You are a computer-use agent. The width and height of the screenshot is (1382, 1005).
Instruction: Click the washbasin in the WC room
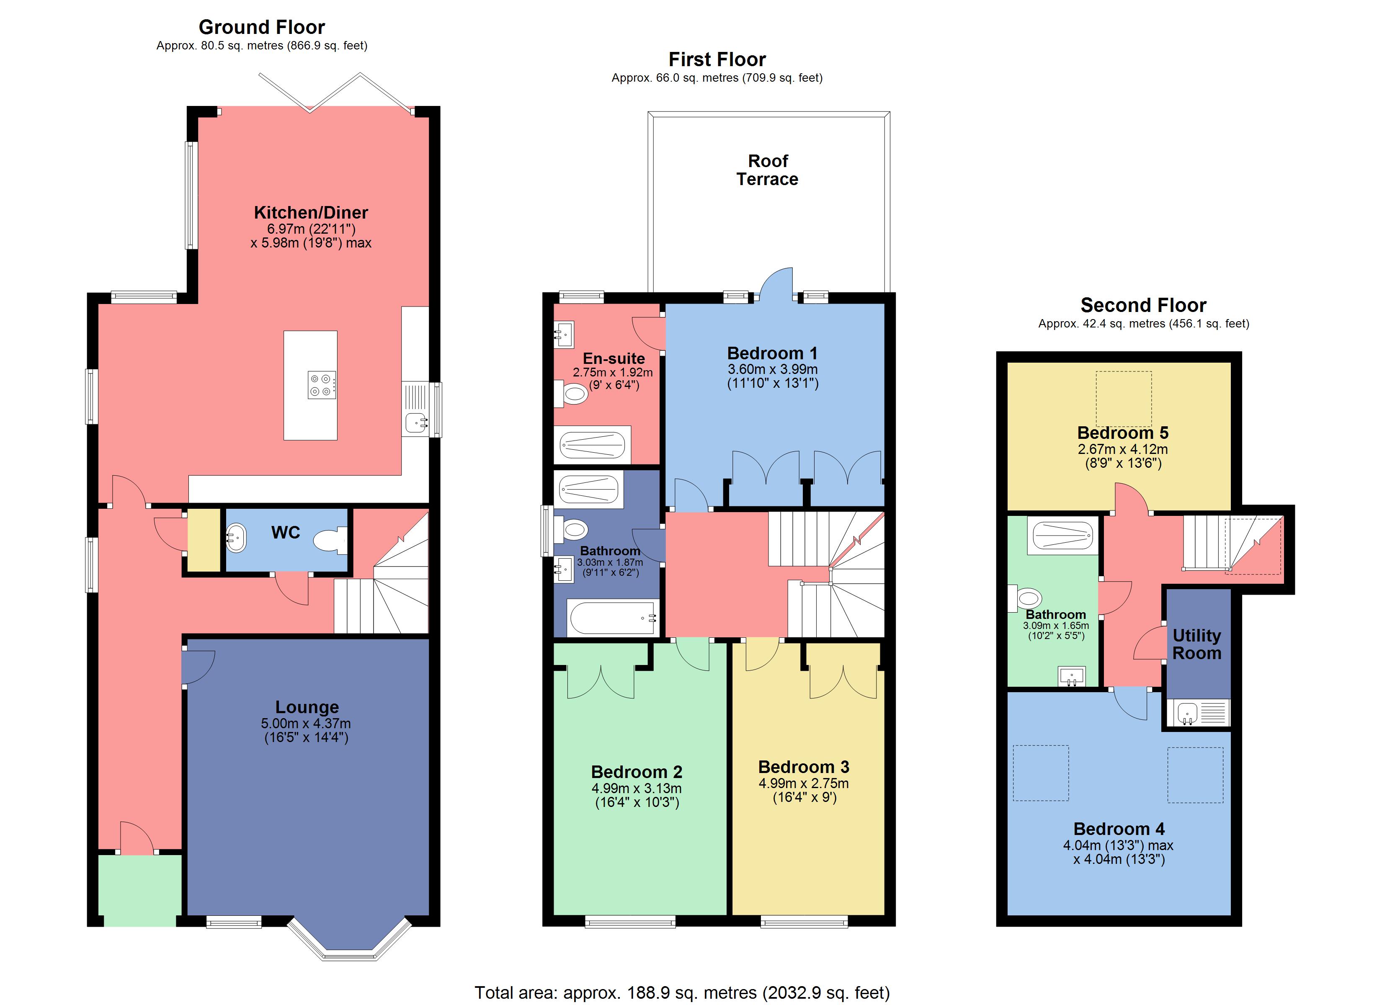click(x=237, y=538)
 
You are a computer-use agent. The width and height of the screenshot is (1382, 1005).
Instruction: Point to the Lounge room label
click(x=307, y=707)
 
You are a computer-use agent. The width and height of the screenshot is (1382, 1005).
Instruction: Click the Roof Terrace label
click(x=767, y=170)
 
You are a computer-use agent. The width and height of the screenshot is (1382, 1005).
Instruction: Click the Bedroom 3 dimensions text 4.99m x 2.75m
click(x=803, y=783)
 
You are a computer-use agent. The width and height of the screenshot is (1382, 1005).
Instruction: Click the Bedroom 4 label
click(x=1118, y=829)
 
